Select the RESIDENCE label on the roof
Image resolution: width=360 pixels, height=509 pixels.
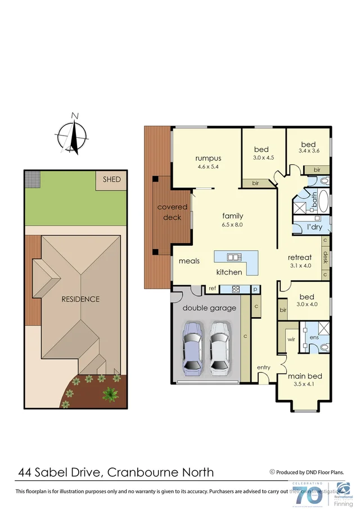tap(80, 299)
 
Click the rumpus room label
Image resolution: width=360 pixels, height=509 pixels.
tap(208, 158)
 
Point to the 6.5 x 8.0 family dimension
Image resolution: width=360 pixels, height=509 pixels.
tap(232, 224)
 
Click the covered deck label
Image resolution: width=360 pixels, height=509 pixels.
tap(172, 212)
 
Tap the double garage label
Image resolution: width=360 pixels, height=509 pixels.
tap(209, 308)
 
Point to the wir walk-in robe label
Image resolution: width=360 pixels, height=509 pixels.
tap(291, 340)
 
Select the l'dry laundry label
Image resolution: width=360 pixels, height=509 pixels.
tap(314, 227)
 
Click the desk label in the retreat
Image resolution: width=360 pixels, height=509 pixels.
tap(325, 258)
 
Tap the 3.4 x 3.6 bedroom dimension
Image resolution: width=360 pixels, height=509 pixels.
tap(308, 151)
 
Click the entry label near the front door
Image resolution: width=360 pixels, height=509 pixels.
tap(263, 367)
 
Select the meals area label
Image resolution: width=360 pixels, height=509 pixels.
tap(189, 261)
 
